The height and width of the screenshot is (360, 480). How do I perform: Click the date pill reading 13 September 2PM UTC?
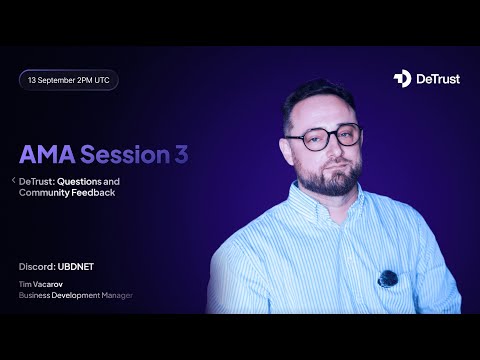coord(69,79)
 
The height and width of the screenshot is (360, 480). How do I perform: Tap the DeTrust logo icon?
coord(402,78)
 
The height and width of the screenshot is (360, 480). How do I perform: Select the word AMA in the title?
coord(46,154)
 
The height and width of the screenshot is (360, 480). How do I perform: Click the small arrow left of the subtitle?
coord(13,180)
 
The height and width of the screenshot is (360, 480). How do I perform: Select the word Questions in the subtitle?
coord(90,180)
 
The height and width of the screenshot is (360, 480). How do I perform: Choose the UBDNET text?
coord(82,267)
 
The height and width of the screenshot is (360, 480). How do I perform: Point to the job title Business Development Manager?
coord(76,296)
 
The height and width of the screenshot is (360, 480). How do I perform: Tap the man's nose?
coord(324,152)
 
